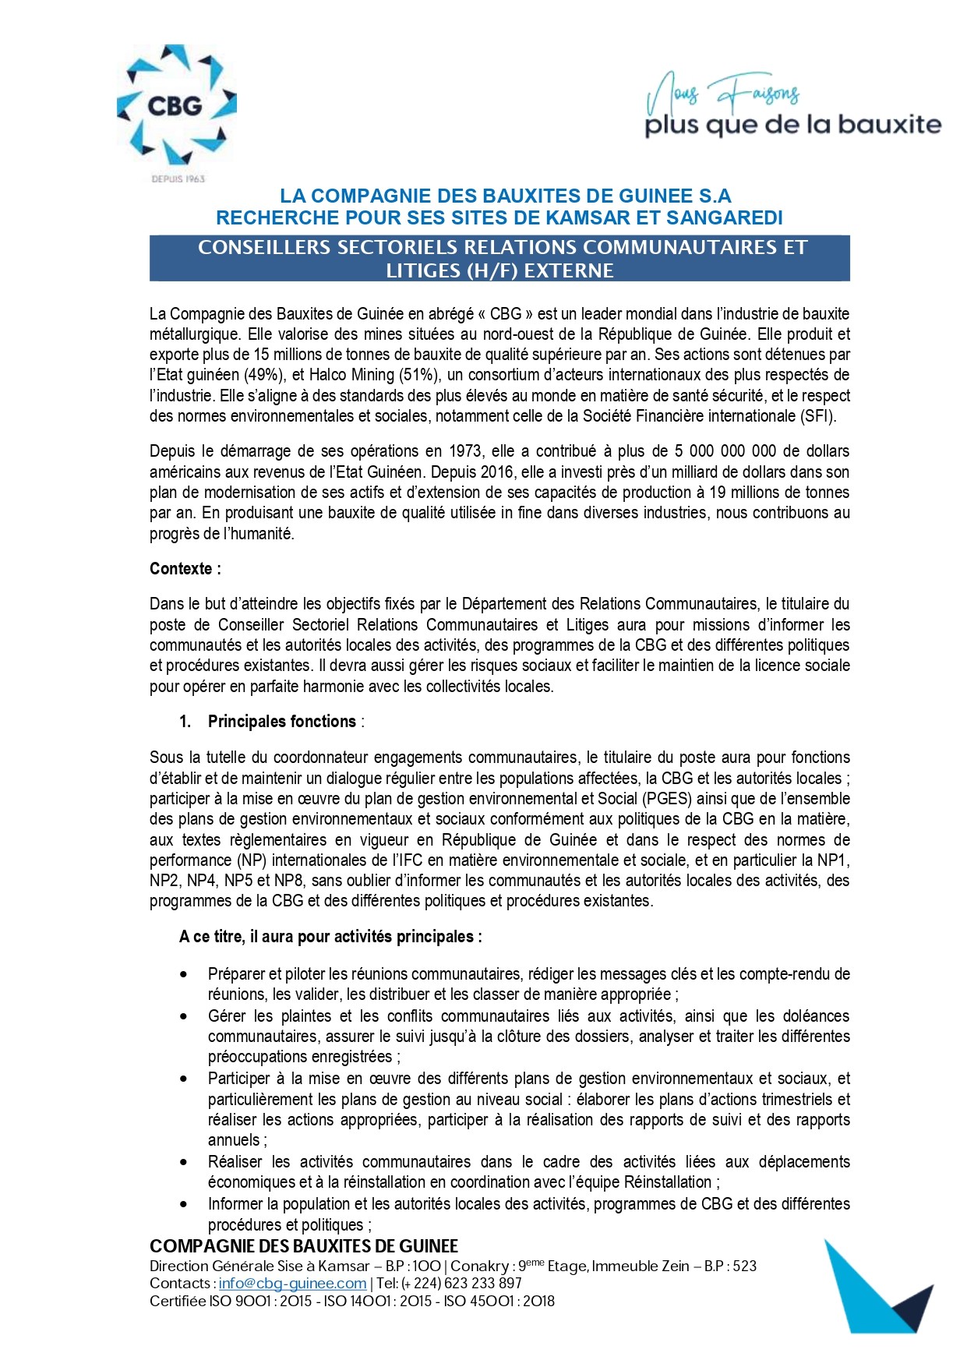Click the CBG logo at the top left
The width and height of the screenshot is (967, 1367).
176,106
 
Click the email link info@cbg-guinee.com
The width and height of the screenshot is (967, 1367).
292,1283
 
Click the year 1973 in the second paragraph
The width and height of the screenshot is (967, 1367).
464,451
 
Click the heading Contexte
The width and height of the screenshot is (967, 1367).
185,569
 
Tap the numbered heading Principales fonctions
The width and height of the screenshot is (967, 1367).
281,722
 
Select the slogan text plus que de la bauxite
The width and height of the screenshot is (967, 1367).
792,125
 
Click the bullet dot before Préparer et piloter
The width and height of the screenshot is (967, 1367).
183,974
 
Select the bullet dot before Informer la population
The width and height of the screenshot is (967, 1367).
183,1204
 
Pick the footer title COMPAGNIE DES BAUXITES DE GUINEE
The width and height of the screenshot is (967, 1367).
304,1246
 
